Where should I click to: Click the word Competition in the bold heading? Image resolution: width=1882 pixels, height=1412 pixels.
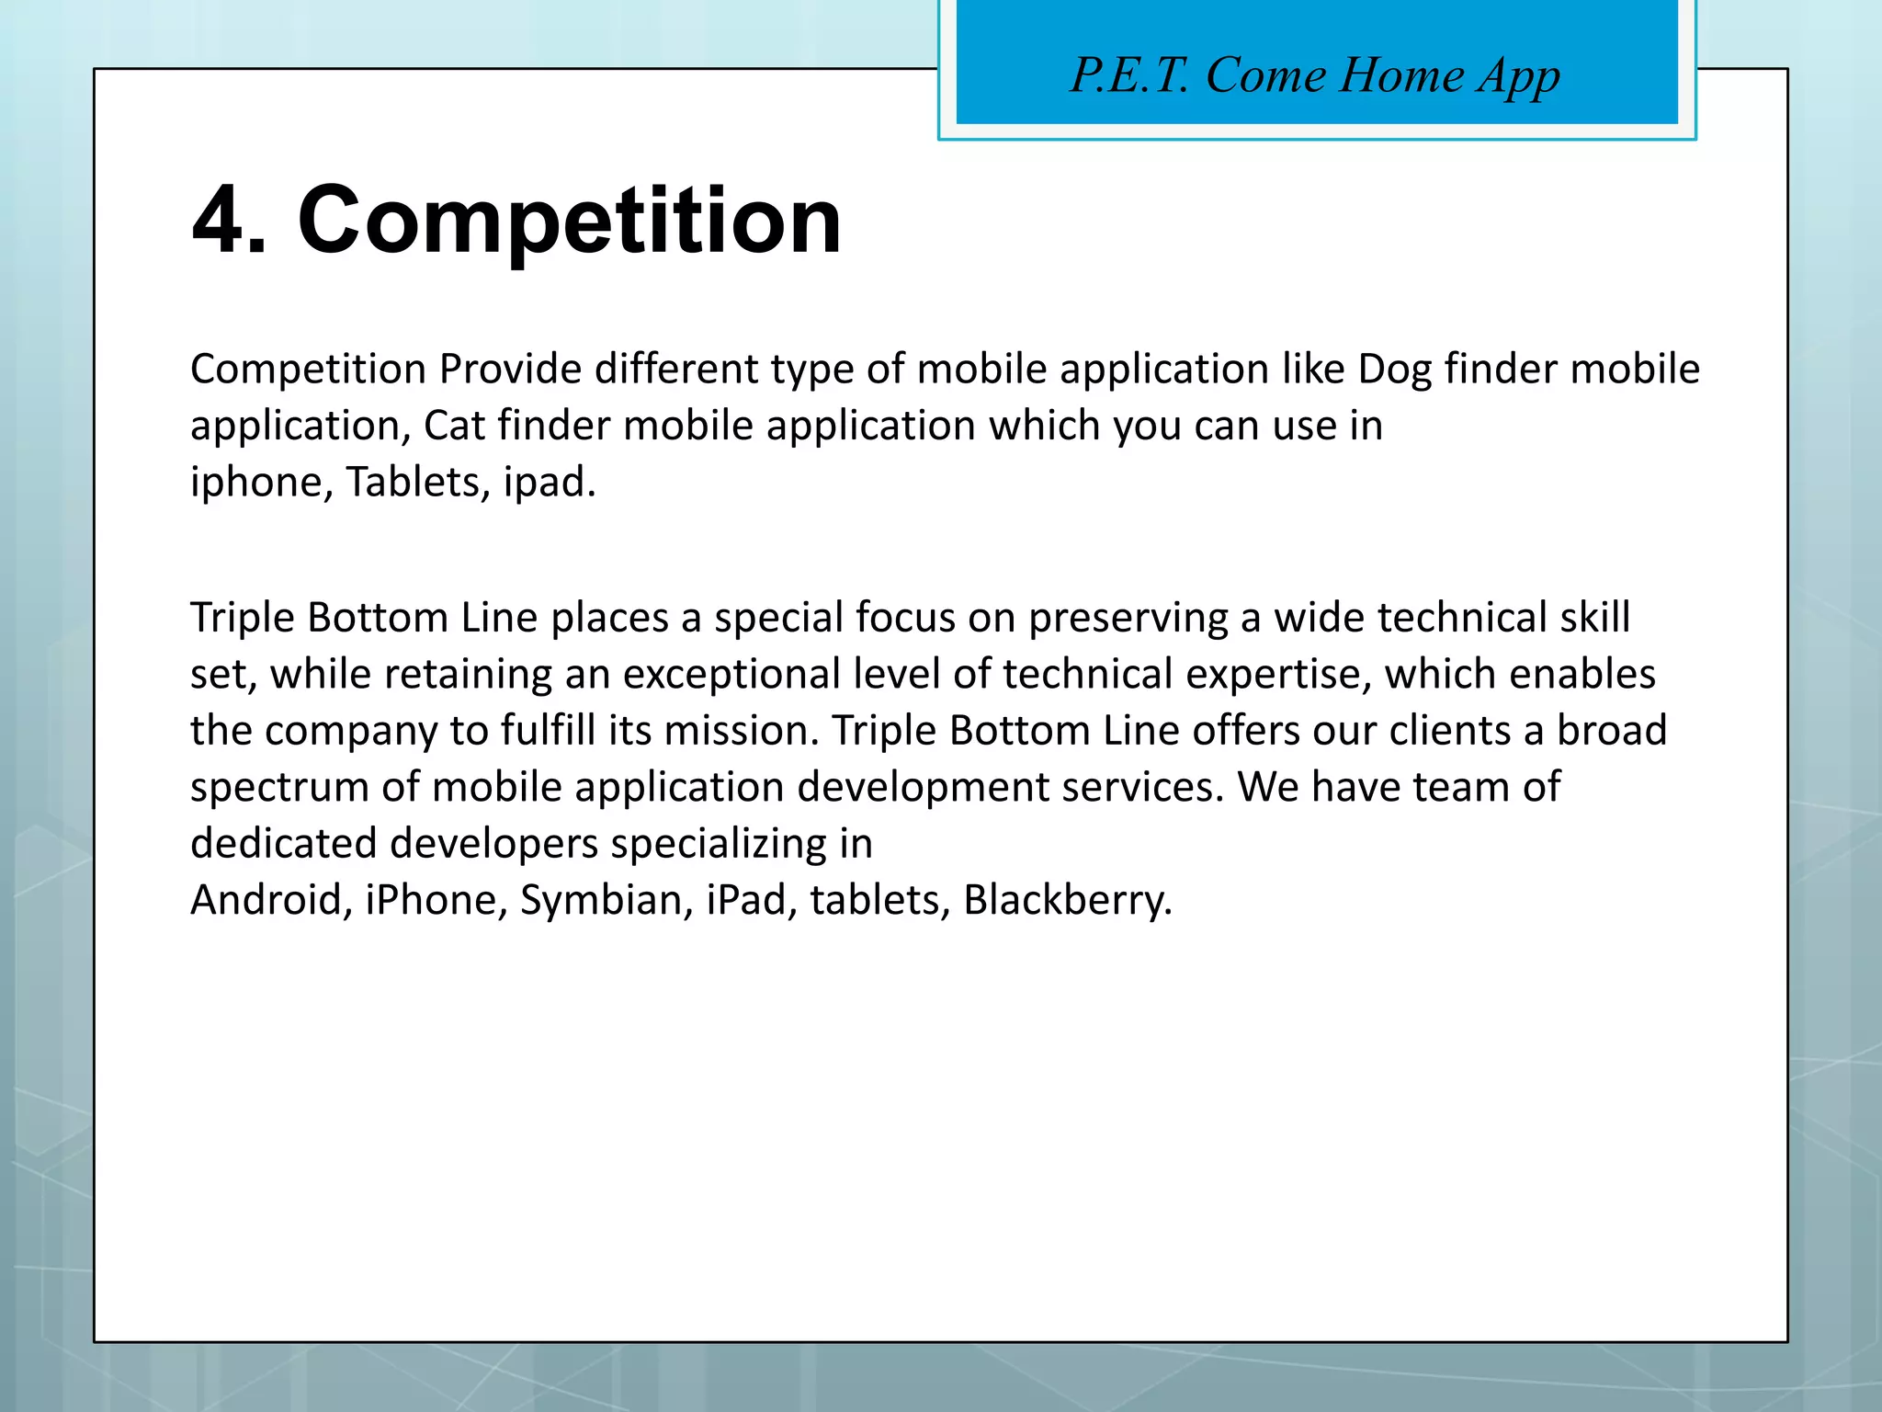pyautogui.click(x=569, y=221)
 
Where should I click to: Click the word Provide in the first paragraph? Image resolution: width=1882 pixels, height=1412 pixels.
pyautogui.click(x=510, y=370)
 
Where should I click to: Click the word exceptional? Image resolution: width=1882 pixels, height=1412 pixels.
pyautogui.click(x=731, y=676)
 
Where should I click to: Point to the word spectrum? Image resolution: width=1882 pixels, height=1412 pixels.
pyautogui.click(x=279, y=789)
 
